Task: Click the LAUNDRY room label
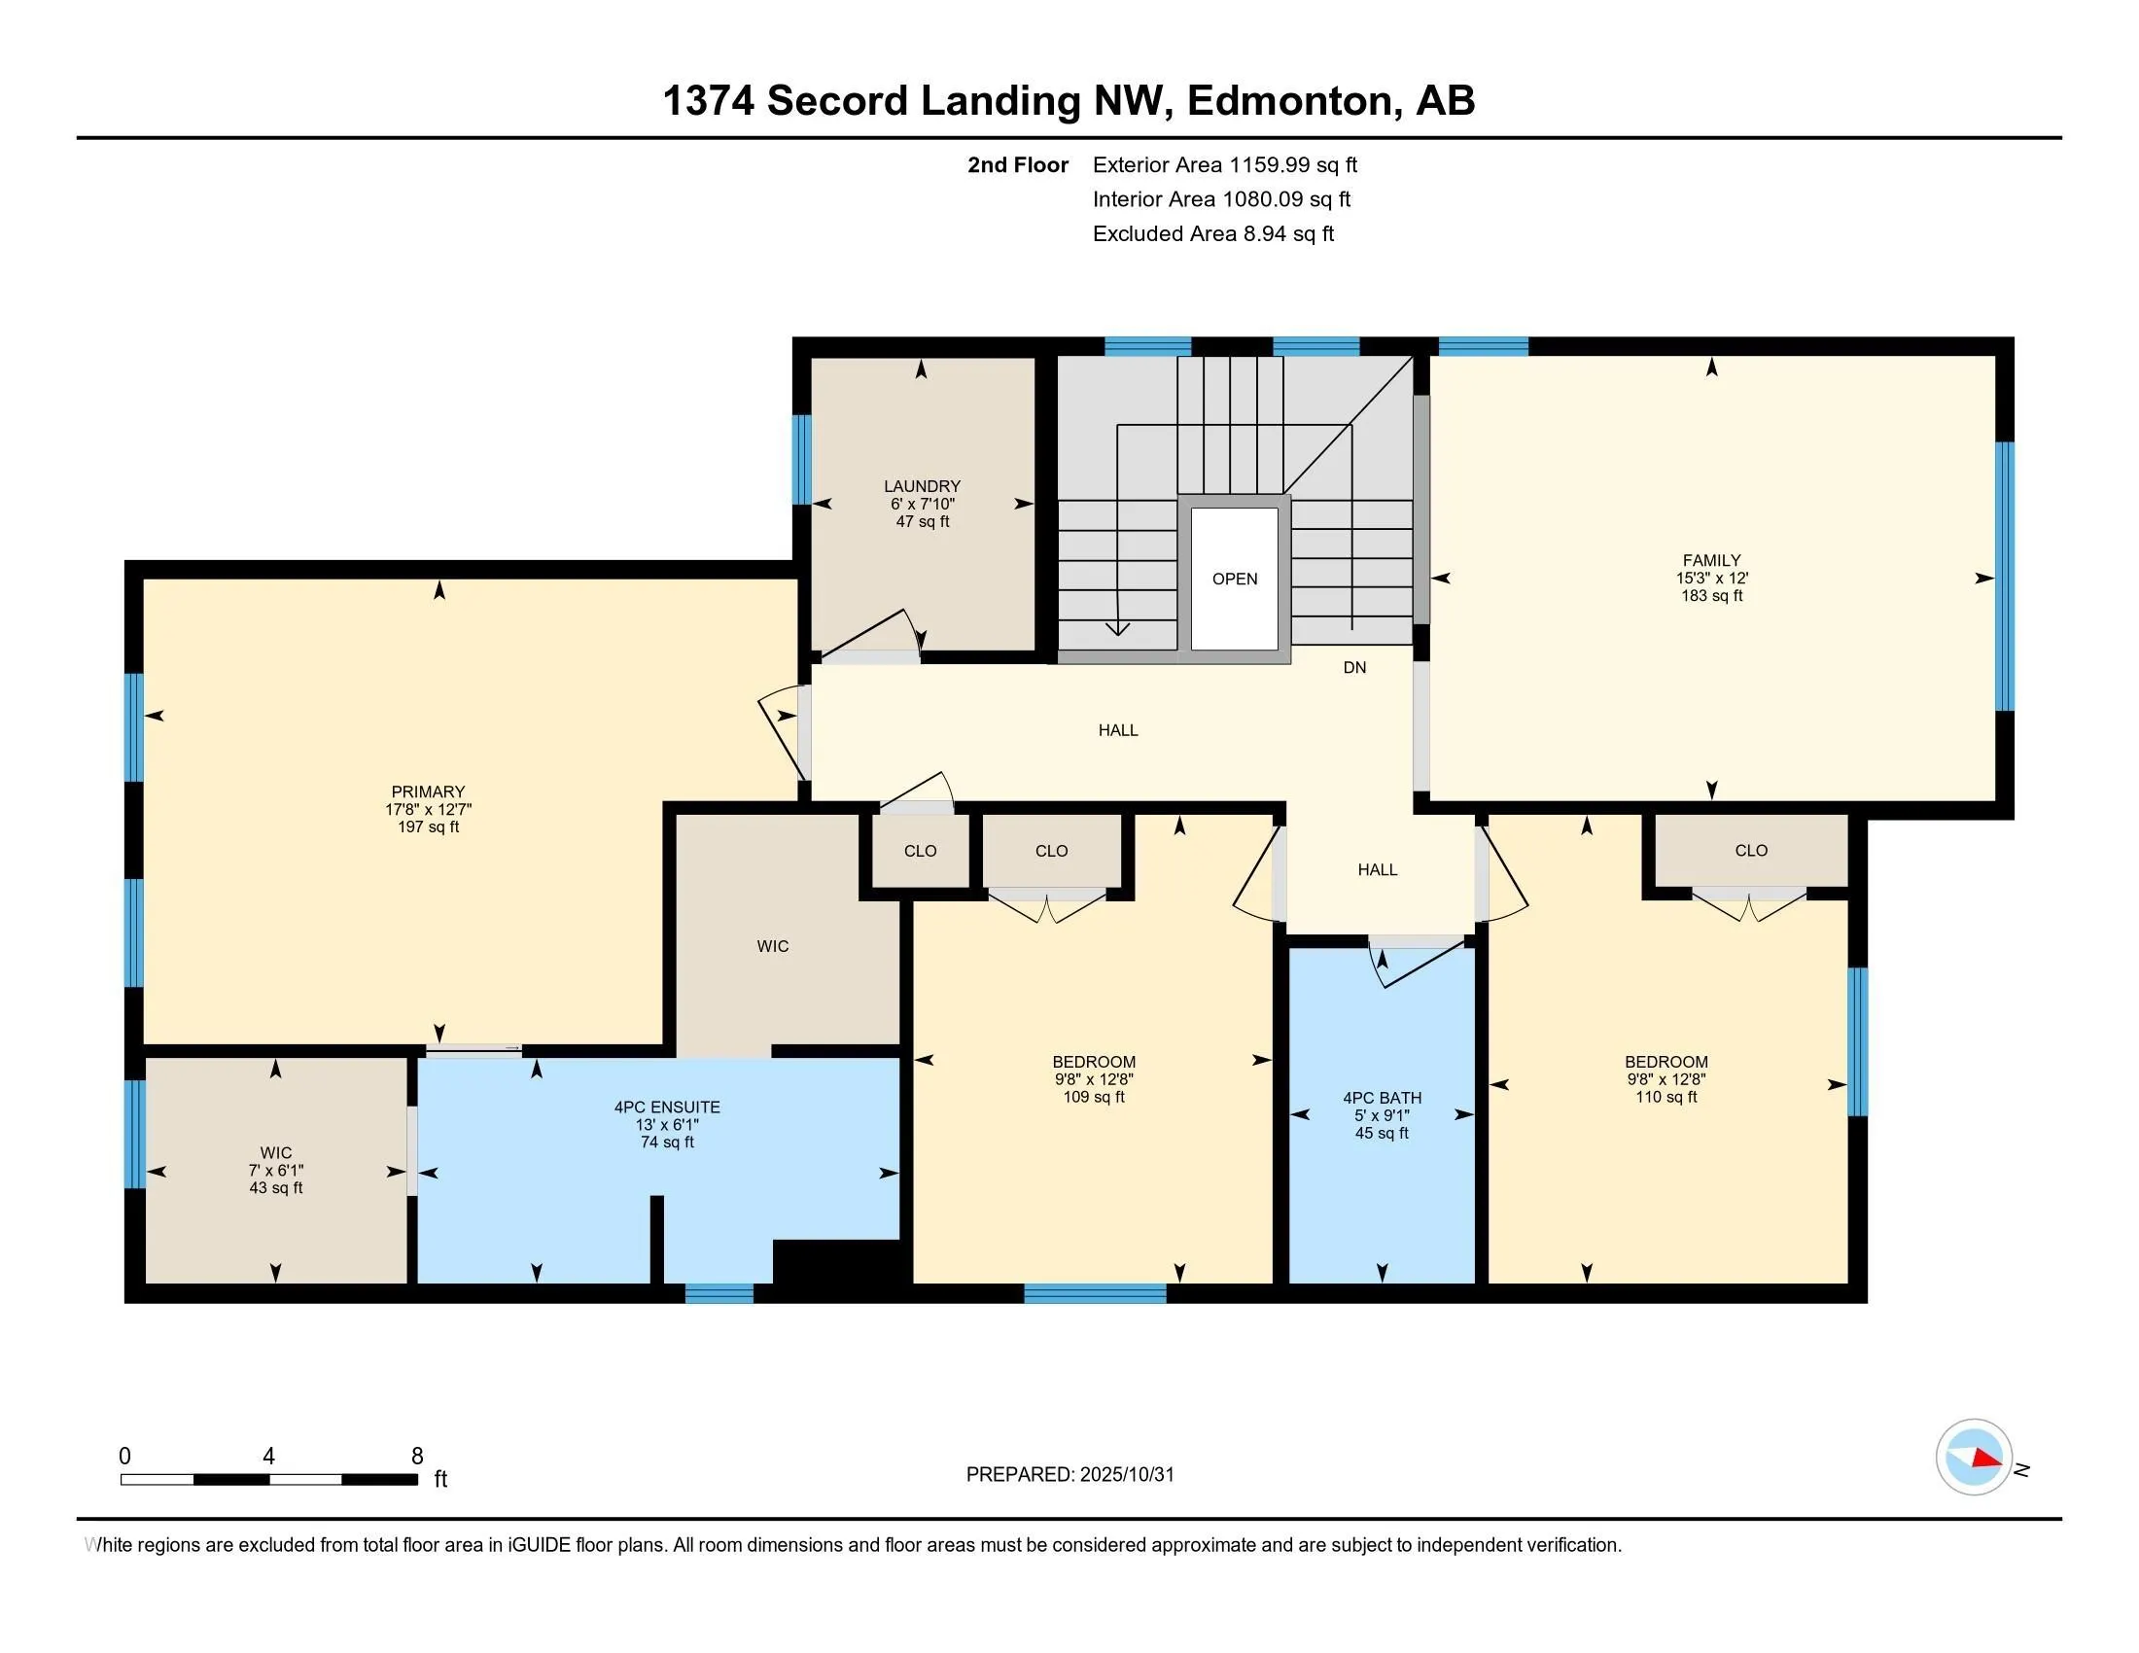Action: (x=922, y=486)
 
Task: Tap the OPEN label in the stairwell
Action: (x=1234, y=579)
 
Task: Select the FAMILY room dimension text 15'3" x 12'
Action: (x=1711, y=578)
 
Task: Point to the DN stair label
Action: (x=1354, y=668)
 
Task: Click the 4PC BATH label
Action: (x=1382, y=1098)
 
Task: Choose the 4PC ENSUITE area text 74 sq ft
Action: (x=667, y=1142)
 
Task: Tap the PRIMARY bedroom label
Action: (x=428, y=791)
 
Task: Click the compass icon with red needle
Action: (x=1974, y=1458)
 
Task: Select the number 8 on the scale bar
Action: (x=417, y=1457)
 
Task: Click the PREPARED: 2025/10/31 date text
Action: (x=1069, y=1475)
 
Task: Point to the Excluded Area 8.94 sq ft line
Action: (x=1212, y=233)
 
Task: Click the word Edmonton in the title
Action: (x=1290, y=100)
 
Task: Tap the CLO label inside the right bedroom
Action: (x=1751, y=850)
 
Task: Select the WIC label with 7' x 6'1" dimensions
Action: (x=275, y=1152)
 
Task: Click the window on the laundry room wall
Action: (x=801, y=459)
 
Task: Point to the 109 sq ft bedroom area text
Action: (x=1094, y=1097)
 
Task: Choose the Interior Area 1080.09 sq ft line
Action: (x=1221, y=198)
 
